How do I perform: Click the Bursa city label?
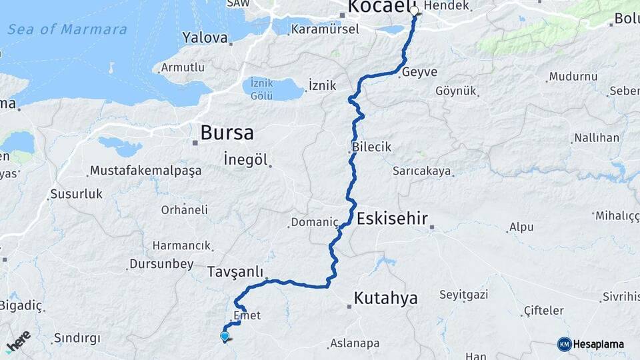point(227,133)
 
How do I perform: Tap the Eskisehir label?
point(392,218)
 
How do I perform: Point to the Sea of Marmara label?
point(67,29)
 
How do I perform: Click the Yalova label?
point(205,37)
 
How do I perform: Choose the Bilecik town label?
point(371,147)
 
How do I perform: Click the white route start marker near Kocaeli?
point(414,11)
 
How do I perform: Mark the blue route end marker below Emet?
point(225,337)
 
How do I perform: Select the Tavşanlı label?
point(231,272)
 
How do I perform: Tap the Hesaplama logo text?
point(598,344)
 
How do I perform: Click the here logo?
point(18,341)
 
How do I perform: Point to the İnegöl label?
point(245,159)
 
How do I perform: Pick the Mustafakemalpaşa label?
point(145,171)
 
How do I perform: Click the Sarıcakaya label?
point(421,171)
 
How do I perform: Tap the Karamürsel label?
point(325,29)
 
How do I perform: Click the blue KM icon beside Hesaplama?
point(564,344)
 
